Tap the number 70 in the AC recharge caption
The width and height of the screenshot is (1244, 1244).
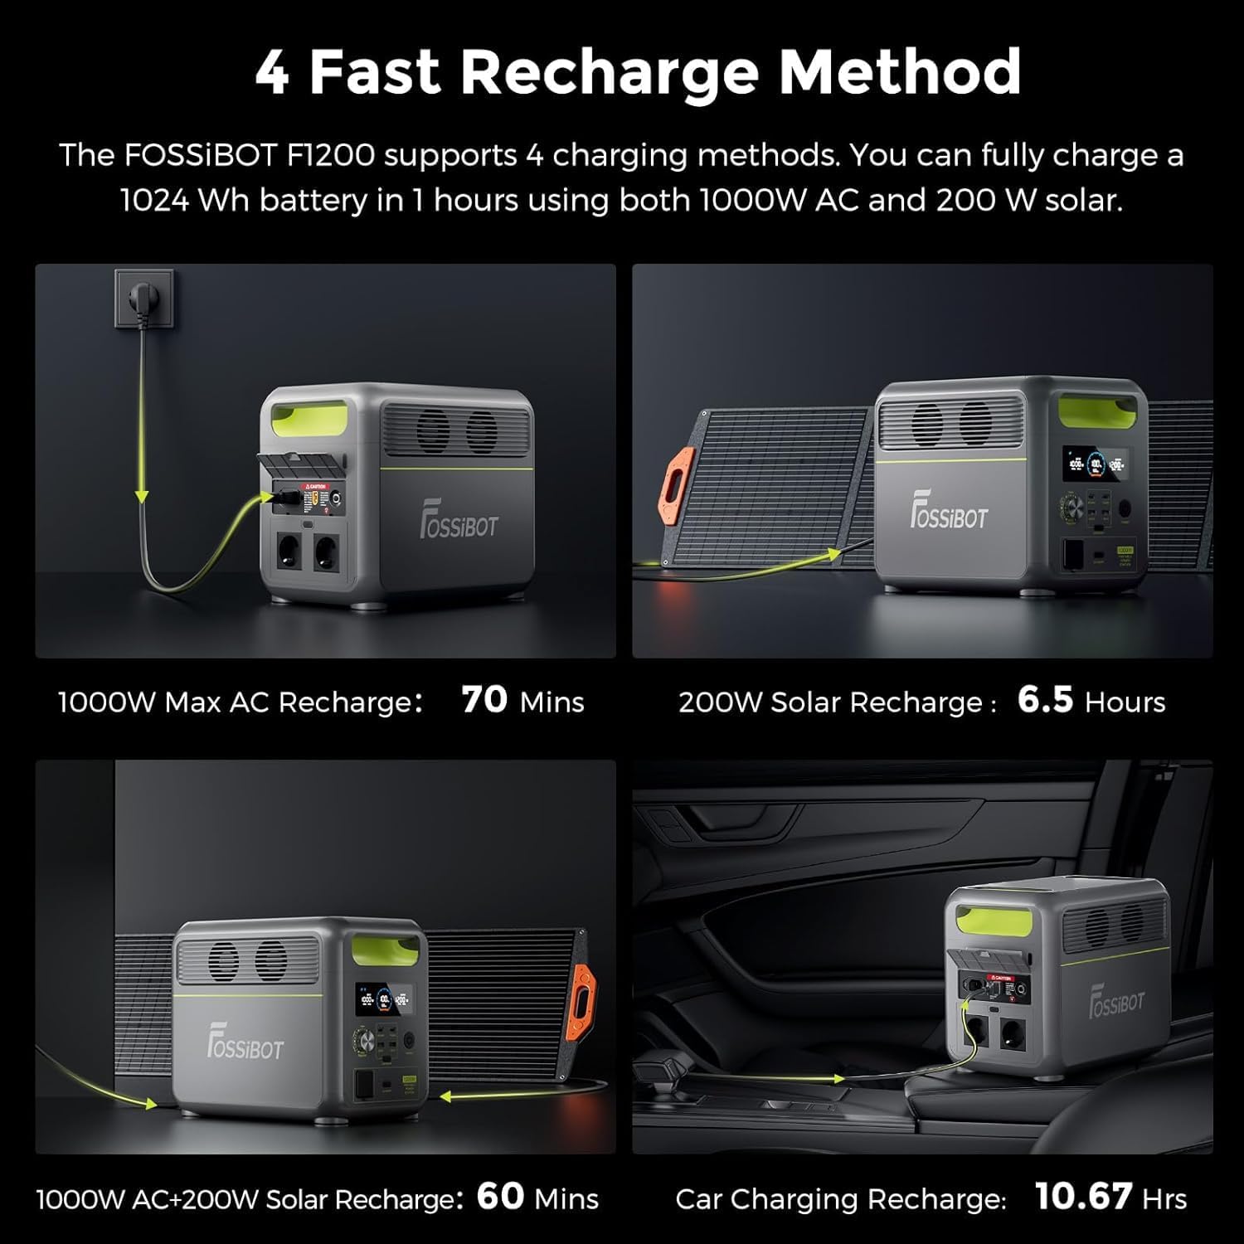(484, 700)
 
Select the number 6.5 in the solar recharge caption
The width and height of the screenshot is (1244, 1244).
(1045, 700)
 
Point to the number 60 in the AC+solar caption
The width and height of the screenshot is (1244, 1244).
(500, 1197)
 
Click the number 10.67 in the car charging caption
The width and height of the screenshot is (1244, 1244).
(1083, 1197)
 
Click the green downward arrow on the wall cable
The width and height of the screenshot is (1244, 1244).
(142, 495)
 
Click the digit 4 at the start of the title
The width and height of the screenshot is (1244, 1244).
(273, 73)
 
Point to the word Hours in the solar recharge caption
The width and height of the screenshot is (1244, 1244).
(1125, 703)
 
